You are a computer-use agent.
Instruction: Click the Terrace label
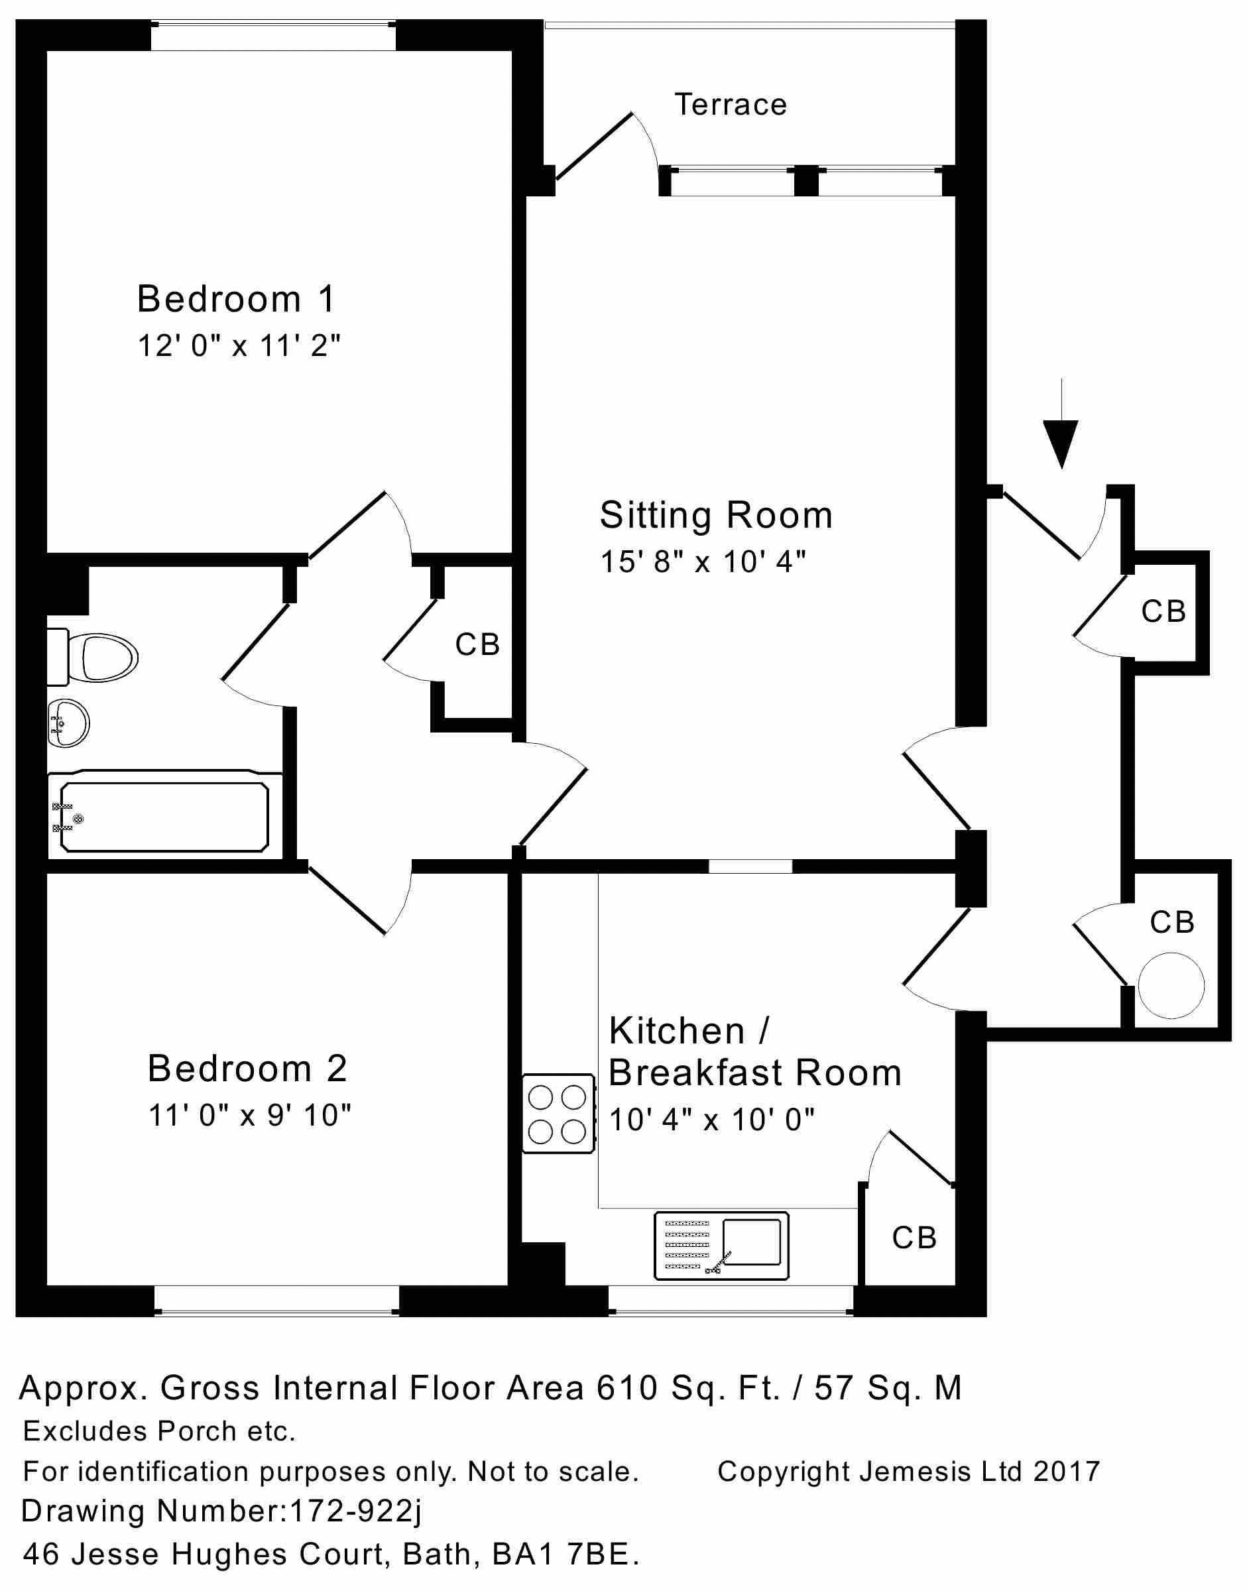[730, 105]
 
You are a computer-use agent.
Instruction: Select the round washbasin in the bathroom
[68, 723]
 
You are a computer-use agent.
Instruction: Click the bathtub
[164, 816]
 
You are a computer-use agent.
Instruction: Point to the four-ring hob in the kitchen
[558, 1114]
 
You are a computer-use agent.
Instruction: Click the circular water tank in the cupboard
[1171, 986]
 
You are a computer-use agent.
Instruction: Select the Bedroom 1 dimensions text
[239, 345]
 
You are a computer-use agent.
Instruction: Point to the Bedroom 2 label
[247, 1069]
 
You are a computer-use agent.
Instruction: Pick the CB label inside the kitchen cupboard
[914, 1238]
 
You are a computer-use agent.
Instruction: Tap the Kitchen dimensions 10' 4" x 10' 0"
[712, 1119]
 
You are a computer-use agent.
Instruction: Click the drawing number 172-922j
[355, 1511]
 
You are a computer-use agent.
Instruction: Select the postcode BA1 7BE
[565, 1555]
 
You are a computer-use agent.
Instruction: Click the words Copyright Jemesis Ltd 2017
[908, 1471]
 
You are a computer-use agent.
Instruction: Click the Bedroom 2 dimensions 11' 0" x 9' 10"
[250, 1116]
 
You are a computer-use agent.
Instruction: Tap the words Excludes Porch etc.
[159, 1432]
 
